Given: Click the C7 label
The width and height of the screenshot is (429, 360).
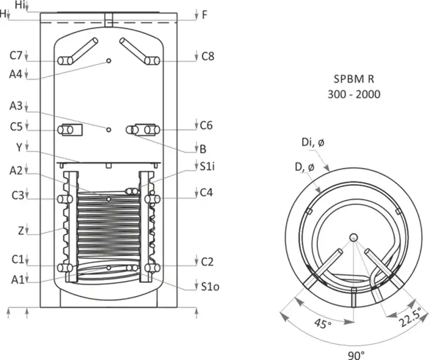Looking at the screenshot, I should pyautogui.click(x=16, y=56).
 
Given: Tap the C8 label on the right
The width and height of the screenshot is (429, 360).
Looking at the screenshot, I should pyautogui.click(x=208, y=56).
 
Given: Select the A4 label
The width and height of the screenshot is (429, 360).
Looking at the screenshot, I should pyautogui.click(x=16, y=74).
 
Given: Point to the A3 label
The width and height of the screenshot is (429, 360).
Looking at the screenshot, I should pyautogui.click(x=16, y=106).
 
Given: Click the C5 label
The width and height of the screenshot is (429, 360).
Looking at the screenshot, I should pyautogui.click(x=16, y=126).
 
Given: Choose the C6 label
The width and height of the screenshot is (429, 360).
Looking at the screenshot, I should pyautogui.click(x=206, y=126).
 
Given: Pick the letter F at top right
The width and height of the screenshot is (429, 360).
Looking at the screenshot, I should pyautogui.click(x=204, y=15).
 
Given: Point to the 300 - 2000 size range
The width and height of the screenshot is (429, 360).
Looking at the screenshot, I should pyautogui.click(x=353, y=94).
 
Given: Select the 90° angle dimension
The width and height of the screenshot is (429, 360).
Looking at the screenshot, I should pyautogui.click(x=355, y=354).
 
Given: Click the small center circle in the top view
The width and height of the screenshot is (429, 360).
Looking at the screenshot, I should pyautogui.click(x=353, y=237).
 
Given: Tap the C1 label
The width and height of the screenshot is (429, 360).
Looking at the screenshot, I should pyautogui.click(x=16, y=260).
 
